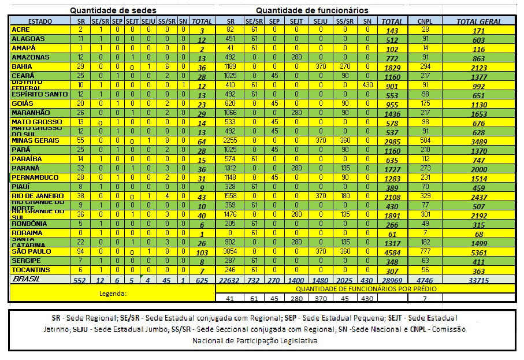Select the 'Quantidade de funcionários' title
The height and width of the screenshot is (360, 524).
[312, 10]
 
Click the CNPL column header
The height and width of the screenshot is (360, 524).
[425, 21]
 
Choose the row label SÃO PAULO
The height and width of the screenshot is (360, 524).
[31, 252]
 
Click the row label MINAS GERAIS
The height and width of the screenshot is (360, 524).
[35, 141]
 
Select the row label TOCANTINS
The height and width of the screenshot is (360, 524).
[31, 270]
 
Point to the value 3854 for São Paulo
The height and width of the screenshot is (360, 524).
[231, 252]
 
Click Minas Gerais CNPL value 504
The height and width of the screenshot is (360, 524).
[425, 141]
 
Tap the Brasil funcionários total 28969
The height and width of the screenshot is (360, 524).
[392, 280]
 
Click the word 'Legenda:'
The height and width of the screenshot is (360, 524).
[113, 293]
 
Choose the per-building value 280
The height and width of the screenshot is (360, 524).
[296, 298]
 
